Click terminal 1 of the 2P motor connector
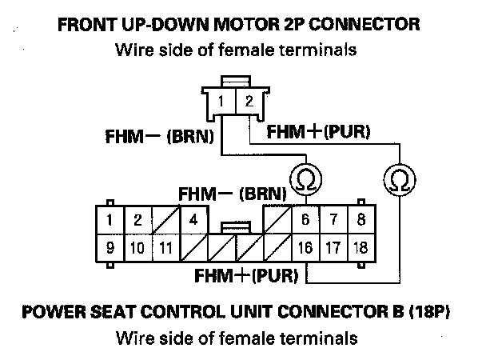(x=221, y=102)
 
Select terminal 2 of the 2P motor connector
(x=249, y=102)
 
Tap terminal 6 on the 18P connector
(x=305, y=219)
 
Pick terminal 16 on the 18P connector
(x=305, y=248)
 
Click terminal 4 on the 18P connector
(x=194, y=219)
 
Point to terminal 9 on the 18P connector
(x=110, y=248)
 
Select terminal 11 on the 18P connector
(x=166, y=248)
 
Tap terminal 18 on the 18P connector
(x=361, y=248)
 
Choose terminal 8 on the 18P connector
(x=361, y=219)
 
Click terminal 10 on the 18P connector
(x=138, y=248)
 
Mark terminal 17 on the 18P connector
(x=333, y=248)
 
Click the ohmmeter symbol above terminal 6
(x=306, y=179)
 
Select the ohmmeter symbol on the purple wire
(x=400, y=180)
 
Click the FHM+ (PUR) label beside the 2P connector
(x=318, y=131)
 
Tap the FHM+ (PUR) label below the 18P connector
(x=246, y=275)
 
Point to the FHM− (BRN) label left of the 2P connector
(x=160, y=137)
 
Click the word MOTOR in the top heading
(x=247, y=25)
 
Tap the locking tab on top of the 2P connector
(x=236, y=81)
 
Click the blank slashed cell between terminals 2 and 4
(x=166, y=219)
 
